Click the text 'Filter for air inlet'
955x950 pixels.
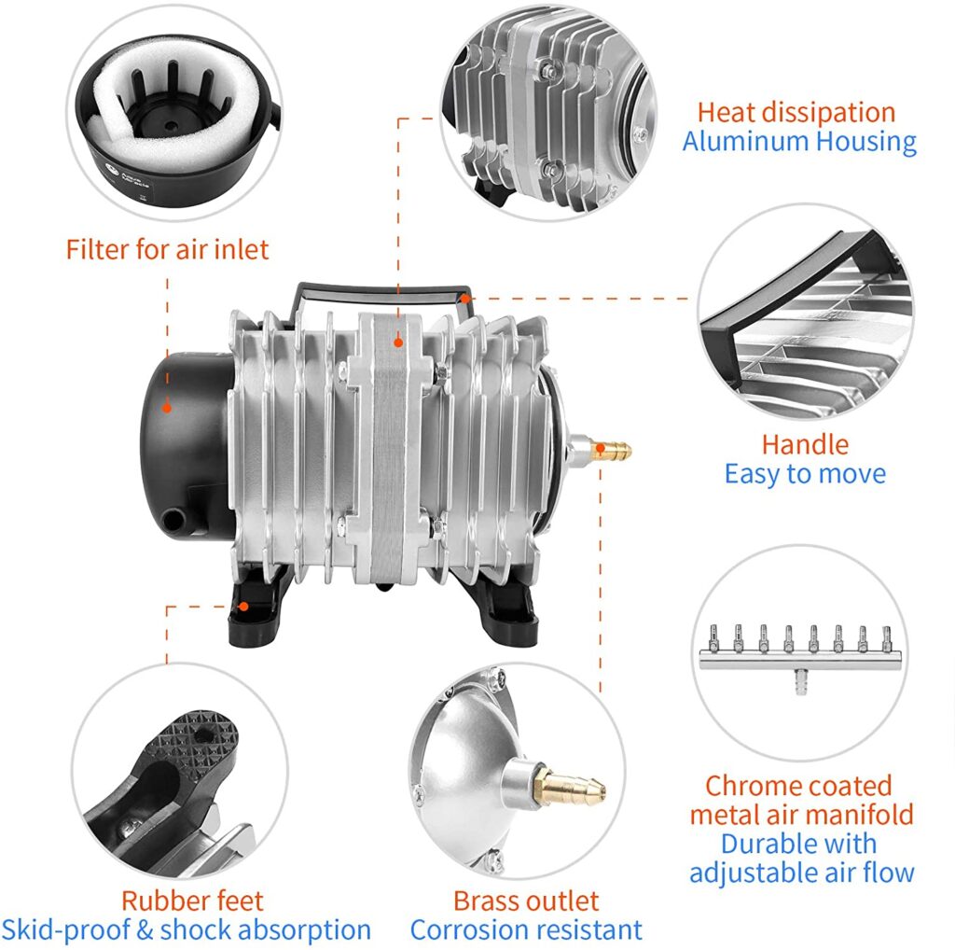tap(167, 249)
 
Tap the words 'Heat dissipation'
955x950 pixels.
tap(796, 113)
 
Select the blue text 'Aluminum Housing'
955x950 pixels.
tap(798, 142)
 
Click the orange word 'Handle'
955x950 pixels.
tap(805, 443)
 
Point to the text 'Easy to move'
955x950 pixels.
tap(804, 473)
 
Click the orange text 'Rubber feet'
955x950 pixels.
tap(192, 901)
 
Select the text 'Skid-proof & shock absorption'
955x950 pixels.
tap(187, 929)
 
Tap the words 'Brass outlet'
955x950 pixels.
tap(526, 901)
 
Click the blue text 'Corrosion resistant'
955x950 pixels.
tap(526, 929)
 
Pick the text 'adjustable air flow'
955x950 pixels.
tap(801, 873)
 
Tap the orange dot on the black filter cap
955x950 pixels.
tap(167, 407)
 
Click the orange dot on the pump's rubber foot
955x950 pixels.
tap(242, 606)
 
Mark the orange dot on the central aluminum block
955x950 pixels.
tap(398, 342)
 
